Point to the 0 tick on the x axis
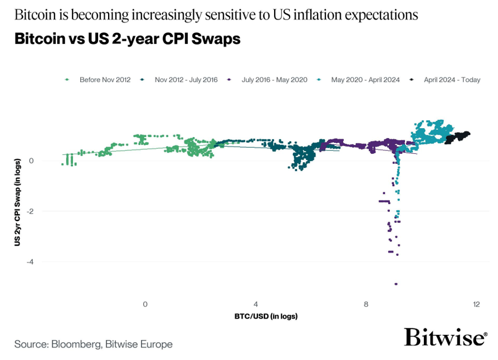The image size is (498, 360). [x=145, y=304]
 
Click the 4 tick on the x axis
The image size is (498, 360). [x=256, y=304]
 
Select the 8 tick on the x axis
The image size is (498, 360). [x=366, y=304]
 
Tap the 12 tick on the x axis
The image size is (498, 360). [x=476, y=304]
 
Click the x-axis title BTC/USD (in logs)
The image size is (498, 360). [x=266, y=317]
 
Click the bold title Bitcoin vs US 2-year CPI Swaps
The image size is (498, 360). [x=127, y=40]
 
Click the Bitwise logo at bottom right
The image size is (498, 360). [x=445, y=338]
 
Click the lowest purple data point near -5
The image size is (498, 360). [x=396, y=284]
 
